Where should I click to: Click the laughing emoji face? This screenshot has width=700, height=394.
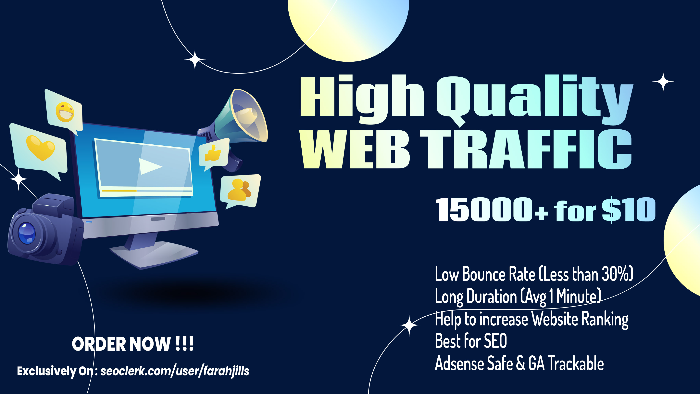coord(65,112)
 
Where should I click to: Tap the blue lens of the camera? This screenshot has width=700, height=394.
coord(27,233)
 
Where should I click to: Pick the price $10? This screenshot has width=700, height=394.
coord(629,209)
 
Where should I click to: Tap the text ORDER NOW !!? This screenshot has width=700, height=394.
coord(133,344)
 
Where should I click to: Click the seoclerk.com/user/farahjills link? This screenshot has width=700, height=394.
coord(175,371)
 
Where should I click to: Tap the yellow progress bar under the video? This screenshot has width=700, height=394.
coord(119,191)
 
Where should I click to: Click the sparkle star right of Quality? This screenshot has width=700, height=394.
coord(663,82)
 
